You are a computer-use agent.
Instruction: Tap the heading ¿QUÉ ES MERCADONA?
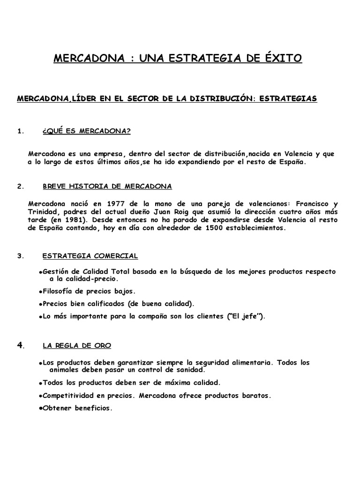click(86, 131)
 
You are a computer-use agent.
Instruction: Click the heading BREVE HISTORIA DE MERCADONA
click(107, 186)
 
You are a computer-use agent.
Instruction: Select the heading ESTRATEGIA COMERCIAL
click(90, 256)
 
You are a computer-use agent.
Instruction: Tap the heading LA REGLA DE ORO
click(77, 345)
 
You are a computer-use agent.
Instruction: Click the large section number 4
click(20, 345)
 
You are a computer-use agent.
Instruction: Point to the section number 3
click(20, 256)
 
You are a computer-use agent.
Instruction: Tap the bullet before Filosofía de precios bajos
click(41, 291)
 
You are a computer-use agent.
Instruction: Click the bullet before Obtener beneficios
click(41, 408)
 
